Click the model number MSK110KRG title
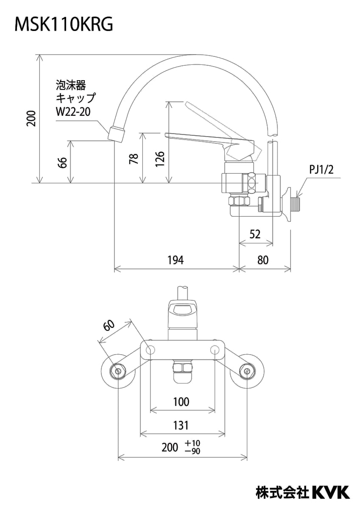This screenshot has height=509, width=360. click(64, 25)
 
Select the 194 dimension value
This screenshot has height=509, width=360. click(176, 260)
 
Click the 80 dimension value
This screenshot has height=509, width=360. click(263, 260)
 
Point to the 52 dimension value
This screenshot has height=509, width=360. click(255, 235)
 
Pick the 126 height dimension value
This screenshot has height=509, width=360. click(160, 159)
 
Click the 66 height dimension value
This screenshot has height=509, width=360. click(63, 162)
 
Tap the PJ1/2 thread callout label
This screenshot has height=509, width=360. click(321, 169)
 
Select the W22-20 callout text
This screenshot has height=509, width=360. click(73, 112)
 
